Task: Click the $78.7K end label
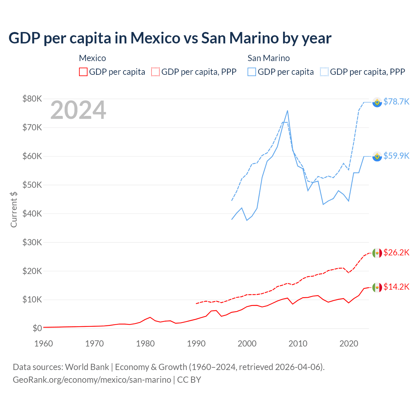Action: pyautogui.click(x=396, y=102)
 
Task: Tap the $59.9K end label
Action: pyautogui.click(x=396, y=156)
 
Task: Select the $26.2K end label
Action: pyautogui.click(x=396, y=252)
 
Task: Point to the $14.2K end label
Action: pyautogui.click(x=396, y=287)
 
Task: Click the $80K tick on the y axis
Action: pyautogui.click(x=32, y=99)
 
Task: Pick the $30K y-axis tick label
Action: pyautogui.click(x=32, y=242)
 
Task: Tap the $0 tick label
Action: pyautogui.click(x=37, y=328)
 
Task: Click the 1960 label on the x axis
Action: pyautogui.click(x=43, y=344)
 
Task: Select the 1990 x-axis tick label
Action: pyautogui.click(x=196, y=344)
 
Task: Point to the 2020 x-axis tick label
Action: pyautogui.click(x=349, y=344)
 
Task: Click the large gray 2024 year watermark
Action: pyautogui.click(x=78, y=110)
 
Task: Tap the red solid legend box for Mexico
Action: pyautogui.click(x=83, y=72)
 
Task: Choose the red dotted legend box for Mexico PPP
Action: pyautogui.click(x=155, y=72)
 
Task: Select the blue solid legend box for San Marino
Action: pyautogui.click(x=252, y=72)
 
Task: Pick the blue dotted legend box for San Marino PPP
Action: pyautogui.click(x=324, y=72)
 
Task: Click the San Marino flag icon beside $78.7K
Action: pyautogui.click(x=377, y=102)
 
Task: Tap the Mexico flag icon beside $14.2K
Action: pyautogui.click(x=377, y=287)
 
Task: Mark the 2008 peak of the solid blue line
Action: pyautogui.click(x=287, y=111)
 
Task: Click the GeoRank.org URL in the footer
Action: pyautogui.click(x=92, y=380)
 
